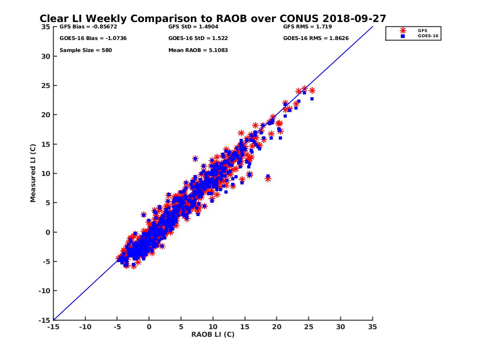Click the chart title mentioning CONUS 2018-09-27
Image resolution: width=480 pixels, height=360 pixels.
213,19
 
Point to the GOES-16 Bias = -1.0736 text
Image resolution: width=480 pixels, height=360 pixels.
88,39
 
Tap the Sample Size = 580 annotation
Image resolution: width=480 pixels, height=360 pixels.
86,50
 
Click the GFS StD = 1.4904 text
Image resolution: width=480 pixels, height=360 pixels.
193,27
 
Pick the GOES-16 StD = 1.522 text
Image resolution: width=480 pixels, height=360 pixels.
198,39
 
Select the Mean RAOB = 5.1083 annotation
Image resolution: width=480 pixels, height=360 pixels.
198,50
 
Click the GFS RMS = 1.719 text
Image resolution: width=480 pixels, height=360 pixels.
307,27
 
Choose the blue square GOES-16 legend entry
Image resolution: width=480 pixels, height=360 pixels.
403,36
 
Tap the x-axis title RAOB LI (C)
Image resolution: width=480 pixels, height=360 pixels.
213,334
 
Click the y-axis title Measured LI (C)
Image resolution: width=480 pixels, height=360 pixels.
33,173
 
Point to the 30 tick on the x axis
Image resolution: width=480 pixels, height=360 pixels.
341,327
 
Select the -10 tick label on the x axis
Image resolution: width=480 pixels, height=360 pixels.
85,327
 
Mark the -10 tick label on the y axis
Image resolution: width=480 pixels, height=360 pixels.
44,291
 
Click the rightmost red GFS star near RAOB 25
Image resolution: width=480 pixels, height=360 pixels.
312,90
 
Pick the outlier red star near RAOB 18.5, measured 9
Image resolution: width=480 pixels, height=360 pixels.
268,179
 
